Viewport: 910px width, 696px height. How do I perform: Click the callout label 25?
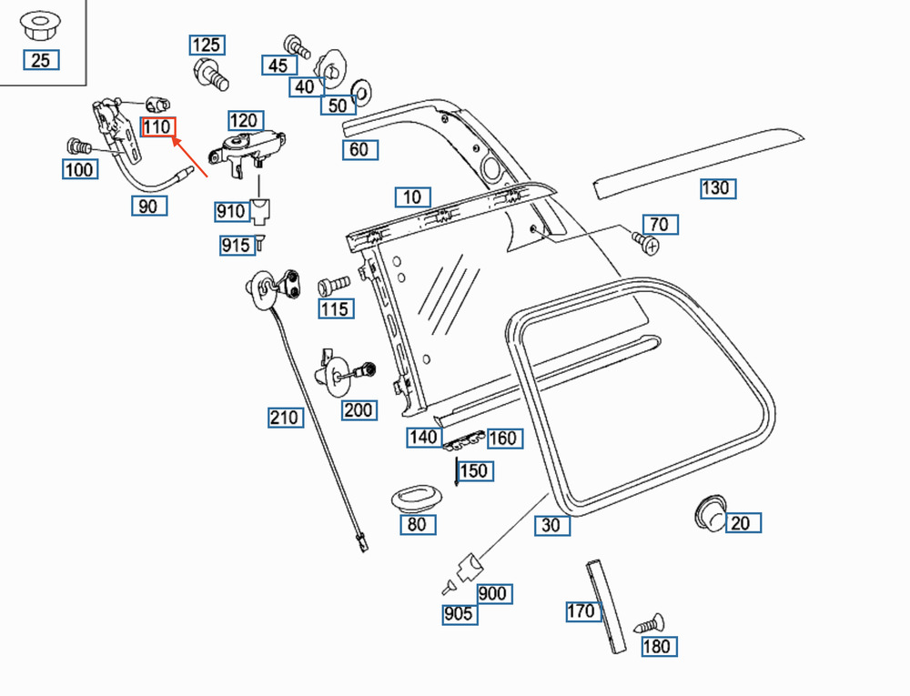click(x=41, y=61)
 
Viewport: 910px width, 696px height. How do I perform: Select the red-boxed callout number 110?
click(x=157, y=127)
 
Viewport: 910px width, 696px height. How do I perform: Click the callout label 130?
click(x=716, y=188)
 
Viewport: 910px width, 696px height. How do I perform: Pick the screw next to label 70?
click(x=645, y=242)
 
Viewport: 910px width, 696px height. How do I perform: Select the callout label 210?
click(x=284, y=418)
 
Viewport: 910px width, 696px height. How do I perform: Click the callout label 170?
click(x=581, y=610)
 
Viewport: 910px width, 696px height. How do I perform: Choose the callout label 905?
click(x=458, y=614)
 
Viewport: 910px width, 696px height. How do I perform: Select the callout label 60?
click(x=359, y=149)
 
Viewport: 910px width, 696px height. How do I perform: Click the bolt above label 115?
click(x=333, y=286)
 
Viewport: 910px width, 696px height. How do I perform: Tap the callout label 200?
click(x=358, y=410)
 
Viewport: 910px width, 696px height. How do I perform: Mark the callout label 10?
click(x=412, y=197)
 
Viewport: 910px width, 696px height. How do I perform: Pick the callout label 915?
click(x=235, y=246)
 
